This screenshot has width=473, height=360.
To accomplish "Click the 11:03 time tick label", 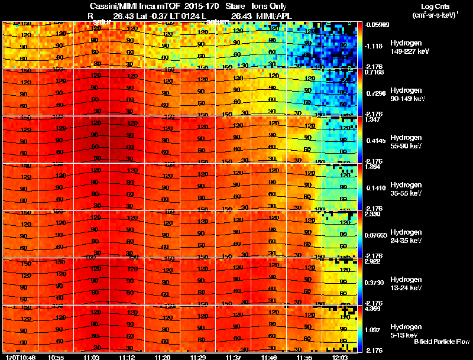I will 91,357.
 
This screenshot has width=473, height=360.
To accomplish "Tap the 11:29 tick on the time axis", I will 197,357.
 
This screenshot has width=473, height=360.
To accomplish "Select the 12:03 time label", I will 339,357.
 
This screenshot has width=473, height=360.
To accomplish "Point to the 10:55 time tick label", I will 56,357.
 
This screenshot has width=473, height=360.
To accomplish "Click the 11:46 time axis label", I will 268,357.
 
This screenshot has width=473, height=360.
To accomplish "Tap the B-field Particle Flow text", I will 442,342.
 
